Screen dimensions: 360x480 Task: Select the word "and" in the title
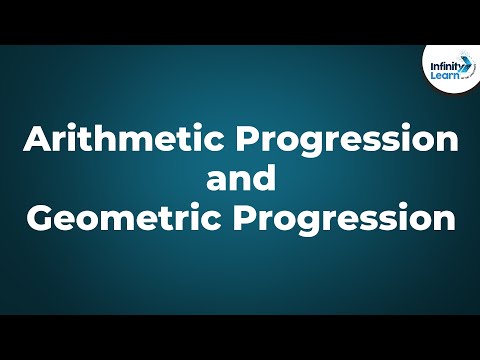point(239,180)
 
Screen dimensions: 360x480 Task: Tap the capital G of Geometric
point(37,217)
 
